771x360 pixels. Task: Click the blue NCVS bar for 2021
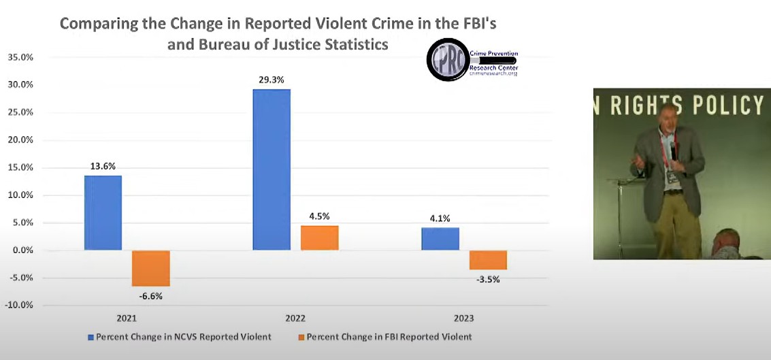click(103, 213)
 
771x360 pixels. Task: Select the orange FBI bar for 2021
click(150, 268)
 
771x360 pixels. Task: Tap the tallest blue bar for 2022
click(272, 169)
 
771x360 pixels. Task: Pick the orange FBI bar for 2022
click(319, 238)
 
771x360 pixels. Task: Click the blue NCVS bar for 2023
click(440, 239)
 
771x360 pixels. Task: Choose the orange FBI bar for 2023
click(488, 260)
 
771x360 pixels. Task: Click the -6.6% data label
click(150, 296)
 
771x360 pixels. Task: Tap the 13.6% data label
click(103, 166)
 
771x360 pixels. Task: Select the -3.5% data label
click(488, 279)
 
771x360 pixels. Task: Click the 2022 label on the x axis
click(295, 318)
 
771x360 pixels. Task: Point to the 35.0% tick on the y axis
click(20, 57)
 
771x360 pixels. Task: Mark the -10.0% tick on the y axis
click(18, 305)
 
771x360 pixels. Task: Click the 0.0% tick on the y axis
click(22, 250)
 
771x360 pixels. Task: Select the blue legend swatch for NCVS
click(91, 337)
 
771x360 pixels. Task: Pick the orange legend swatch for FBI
click(301, 337)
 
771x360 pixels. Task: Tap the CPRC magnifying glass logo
click(447, 60)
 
